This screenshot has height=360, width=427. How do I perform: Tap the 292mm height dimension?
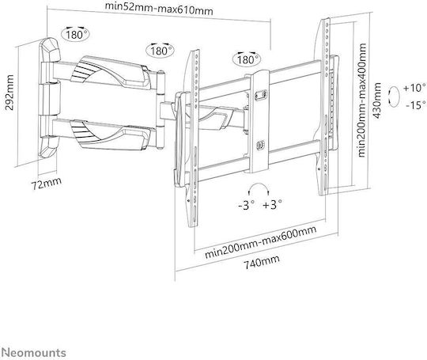(x=9, y=93)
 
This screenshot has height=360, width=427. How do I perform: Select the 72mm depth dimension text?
(x=47, y=184)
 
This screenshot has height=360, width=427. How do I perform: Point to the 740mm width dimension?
(x=261, y=262)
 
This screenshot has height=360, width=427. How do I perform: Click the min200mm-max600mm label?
(x=261, y=242)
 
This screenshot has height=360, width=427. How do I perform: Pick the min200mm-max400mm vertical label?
(x=362, y=100)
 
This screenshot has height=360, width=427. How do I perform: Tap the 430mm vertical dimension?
(x=377, y=100)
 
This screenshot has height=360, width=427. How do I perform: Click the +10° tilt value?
(x=414, y=88)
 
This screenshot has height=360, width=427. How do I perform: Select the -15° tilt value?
(x=416, y=105)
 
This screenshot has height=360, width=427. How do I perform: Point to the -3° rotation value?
(x=247, y=205)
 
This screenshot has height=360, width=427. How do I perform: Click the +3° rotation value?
(x=272, y=204)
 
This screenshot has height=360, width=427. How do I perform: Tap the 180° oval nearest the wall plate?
(x=75, y=34)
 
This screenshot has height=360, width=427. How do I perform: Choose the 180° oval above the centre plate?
(x=247, y=59)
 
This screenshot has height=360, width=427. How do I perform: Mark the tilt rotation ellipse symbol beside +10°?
(x=394, y=97)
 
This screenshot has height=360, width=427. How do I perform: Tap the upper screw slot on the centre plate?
(x=261, y=95)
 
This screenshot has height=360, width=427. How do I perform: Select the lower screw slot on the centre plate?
(x=261, y=145)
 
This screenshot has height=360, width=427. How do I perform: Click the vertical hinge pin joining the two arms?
(x=161, y=110)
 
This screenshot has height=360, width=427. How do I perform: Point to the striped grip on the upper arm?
(x=83, y=70)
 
